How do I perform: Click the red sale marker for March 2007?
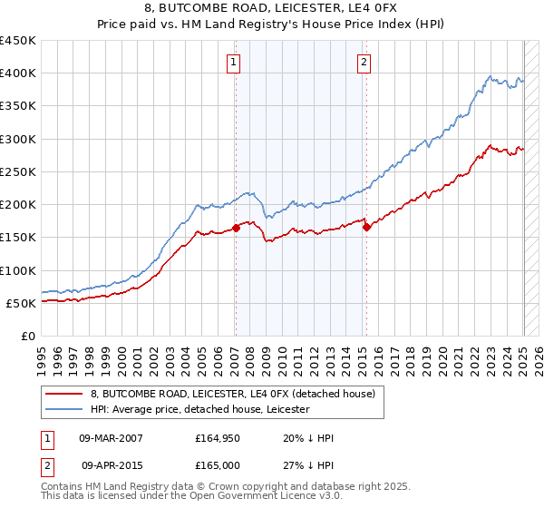tap(236, 228)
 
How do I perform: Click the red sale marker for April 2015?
tap(366, 228)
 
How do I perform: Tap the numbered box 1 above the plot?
tap(234, 63)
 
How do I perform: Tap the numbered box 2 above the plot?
tap(364, 63)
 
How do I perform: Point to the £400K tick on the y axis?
tap(18, 73)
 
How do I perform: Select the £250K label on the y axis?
tap(18, 171)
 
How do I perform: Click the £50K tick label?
tap(22, 303)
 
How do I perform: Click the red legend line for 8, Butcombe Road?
tap(64, 394)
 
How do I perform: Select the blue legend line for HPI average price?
tap(64, 409)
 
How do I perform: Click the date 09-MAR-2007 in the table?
tap(112, 438)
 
